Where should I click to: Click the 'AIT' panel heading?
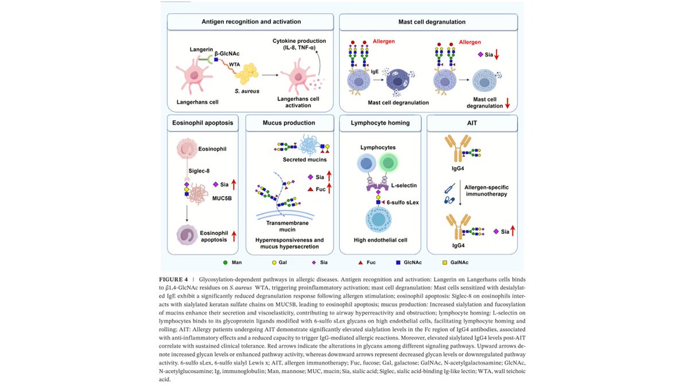pyautogui.click(x=472, y=122)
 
